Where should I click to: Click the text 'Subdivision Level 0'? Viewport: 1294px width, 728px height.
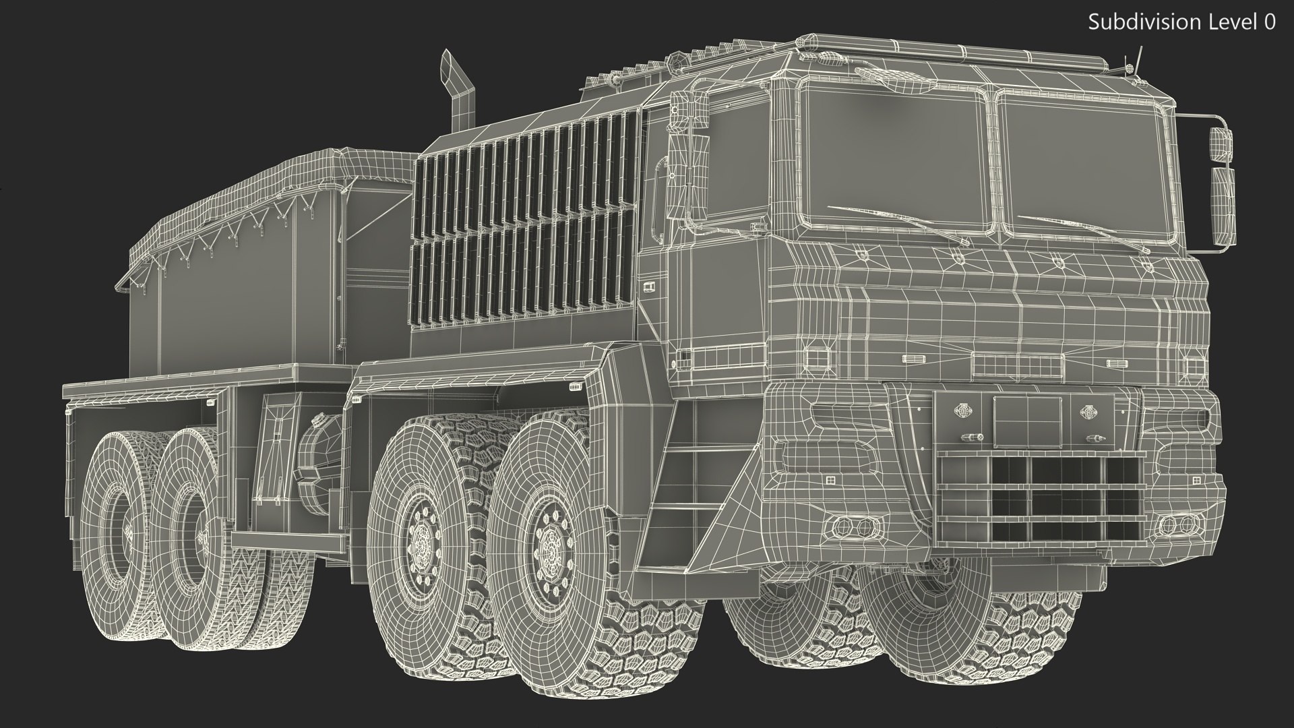[1181, 22]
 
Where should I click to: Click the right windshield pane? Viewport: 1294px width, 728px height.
[1082, 169]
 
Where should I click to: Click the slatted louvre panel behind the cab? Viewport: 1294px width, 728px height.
[526, 222]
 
